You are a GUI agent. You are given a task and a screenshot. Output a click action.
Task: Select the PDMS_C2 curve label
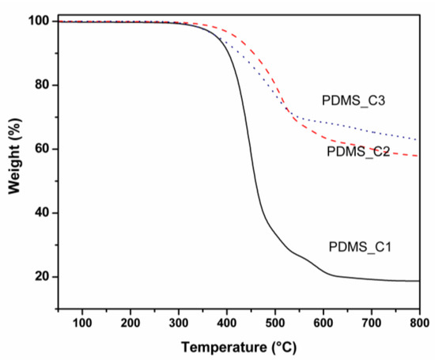(x=357, y=150)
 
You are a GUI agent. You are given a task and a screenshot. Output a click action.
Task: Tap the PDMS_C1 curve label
(x=361, y=247)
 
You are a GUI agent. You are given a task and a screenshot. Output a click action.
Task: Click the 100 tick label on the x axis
(x=82, y=323)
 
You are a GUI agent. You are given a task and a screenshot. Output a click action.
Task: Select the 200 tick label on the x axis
(x=130, y=323)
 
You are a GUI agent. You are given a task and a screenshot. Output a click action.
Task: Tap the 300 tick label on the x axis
(x=179, y=323)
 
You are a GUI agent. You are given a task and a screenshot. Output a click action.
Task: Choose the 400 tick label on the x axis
(x=227, y=323)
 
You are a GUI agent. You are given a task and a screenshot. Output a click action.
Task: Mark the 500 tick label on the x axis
(x=275, y=323)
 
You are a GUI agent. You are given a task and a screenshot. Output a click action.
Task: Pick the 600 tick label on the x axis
(x=323, y=323)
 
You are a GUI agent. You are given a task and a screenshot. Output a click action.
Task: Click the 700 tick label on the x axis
(x=372, y=323)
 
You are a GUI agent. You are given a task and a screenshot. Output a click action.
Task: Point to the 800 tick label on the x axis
(x=419, y=323)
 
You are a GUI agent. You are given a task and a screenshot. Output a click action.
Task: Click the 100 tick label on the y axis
(x=39, y=21)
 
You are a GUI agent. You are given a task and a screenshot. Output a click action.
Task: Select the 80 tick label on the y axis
(x=42, y=85)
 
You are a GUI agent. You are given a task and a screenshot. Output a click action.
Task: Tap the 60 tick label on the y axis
(x=42, y=149)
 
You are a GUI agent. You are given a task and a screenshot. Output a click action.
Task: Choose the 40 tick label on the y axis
(x=42, y=213)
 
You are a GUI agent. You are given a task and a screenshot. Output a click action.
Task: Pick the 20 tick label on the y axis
(x=42, y=277)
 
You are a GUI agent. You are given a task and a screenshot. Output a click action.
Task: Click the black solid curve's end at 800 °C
(x=418, y=281)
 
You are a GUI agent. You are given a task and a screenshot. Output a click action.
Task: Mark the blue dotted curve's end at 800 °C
(x=418, y=140)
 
